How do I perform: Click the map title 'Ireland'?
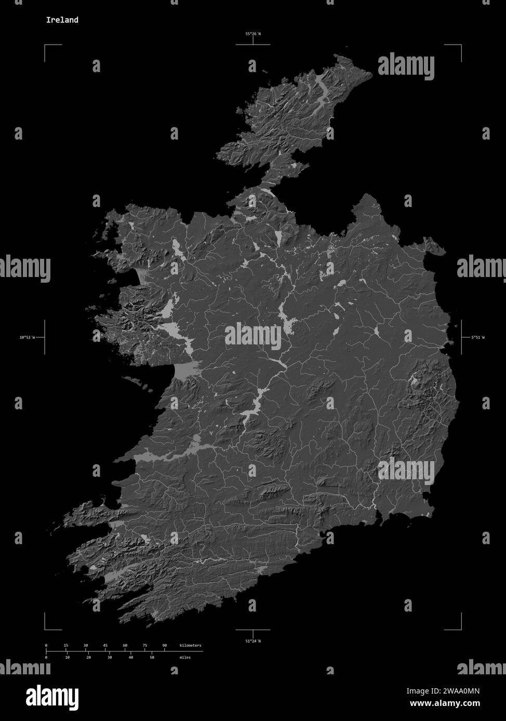click(x=62, y=20)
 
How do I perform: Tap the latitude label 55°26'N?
click(x=253, y=34)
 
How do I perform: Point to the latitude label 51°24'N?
click(x=253, y=641)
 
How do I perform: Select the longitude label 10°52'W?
click(x=27, y=337)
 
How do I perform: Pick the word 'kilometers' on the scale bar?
click(x=190, y=645)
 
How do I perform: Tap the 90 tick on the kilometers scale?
click(x=165, y=645)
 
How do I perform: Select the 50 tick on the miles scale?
click(x=152, y=657)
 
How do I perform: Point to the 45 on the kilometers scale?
click(x=105, y=645)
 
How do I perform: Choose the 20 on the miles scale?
click(x=88, y=657)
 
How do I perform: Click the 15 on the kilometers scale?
click(x=66, y=645)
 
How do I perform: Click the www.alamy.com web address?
click(x=445, y=703)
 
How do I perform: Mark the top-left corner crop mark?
click(x=45, y=46)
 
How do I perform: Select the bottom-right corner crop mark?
click(x=460, y=629)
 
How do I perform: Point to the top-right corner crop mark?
click(x=460, y=46)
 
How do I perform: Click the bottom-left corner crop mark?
click(x=45, y=629)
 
